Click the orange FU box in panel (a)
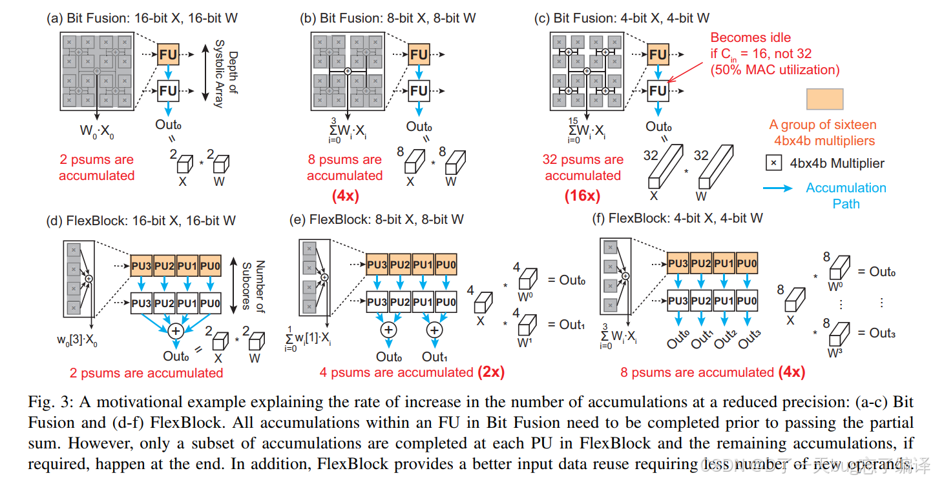[168, 55]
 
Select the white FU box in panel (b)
[419, 91]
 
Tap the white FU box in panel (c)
[658, 91]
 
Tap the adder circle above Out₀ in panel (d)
[174, 330]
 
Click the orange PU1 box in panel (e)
[423, 264]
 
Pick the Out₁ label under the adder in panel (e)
[434, 357]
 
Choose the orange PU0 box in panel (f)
[746, 263]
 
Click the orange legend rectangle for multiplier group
[824, 99]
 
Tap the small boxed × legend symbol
[773, 163]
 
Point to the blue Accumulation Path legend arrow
[779, 189]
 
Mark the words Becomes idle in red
[750, 37]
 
